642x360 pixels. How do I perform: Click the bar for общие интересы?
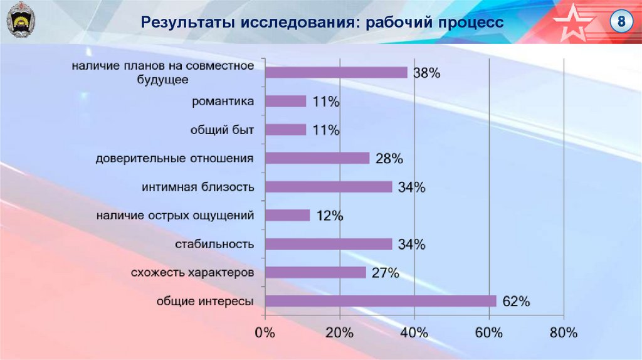click(381, 301)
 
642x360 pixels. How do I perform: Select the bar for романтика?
click(286, 101)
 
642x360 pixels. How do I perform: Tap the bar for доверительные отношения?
click(317, 158)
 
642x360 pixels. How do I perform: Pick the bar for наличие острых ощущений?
click(288, 215)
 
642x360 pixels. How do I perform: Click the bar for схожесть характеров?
click(315, 272)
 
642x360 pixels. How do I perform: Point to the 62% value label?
click(517, 302)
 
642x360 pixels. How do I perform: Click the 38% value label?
click(427, 73)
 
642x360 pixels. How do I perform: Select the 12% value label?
click(329, 216)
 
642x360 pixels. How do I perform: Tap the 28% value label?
click(389, 159)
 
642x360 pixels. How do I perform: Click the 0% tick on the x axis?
click(265, 333)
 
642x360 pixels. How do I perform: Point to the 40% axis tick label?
click(414, 333)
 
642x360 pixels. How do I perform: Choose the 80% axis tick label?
click(563, 333)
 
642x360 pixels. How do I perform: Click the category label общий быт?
click(222, 130)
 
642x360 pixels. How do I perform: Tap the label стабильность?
click(214, 244)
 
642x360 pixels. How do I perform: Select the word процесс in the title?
click(471, 23)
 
